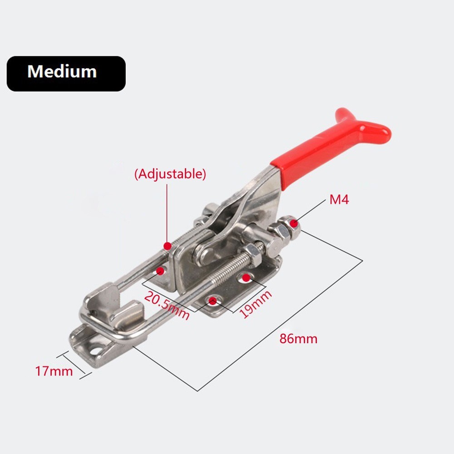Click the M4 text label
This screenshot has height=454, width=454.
point(339,199)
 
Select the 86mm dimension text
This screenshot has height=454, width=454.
point(298,338)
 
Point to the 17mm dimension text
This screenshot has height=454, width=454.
point(54,371)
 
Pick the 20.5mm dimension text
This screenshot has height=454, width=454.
point(167,305)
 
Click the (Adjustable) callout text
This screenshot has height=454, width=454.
point(170,174)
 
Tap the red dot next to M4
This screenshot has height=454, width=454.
point(295,223)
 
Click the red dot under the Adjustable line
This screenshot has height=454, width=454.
point(168,246)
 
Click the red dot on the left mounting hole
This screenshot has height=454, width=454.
point(160,271)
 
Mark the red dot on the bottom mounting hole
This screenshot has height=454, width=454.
point(212,300)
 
